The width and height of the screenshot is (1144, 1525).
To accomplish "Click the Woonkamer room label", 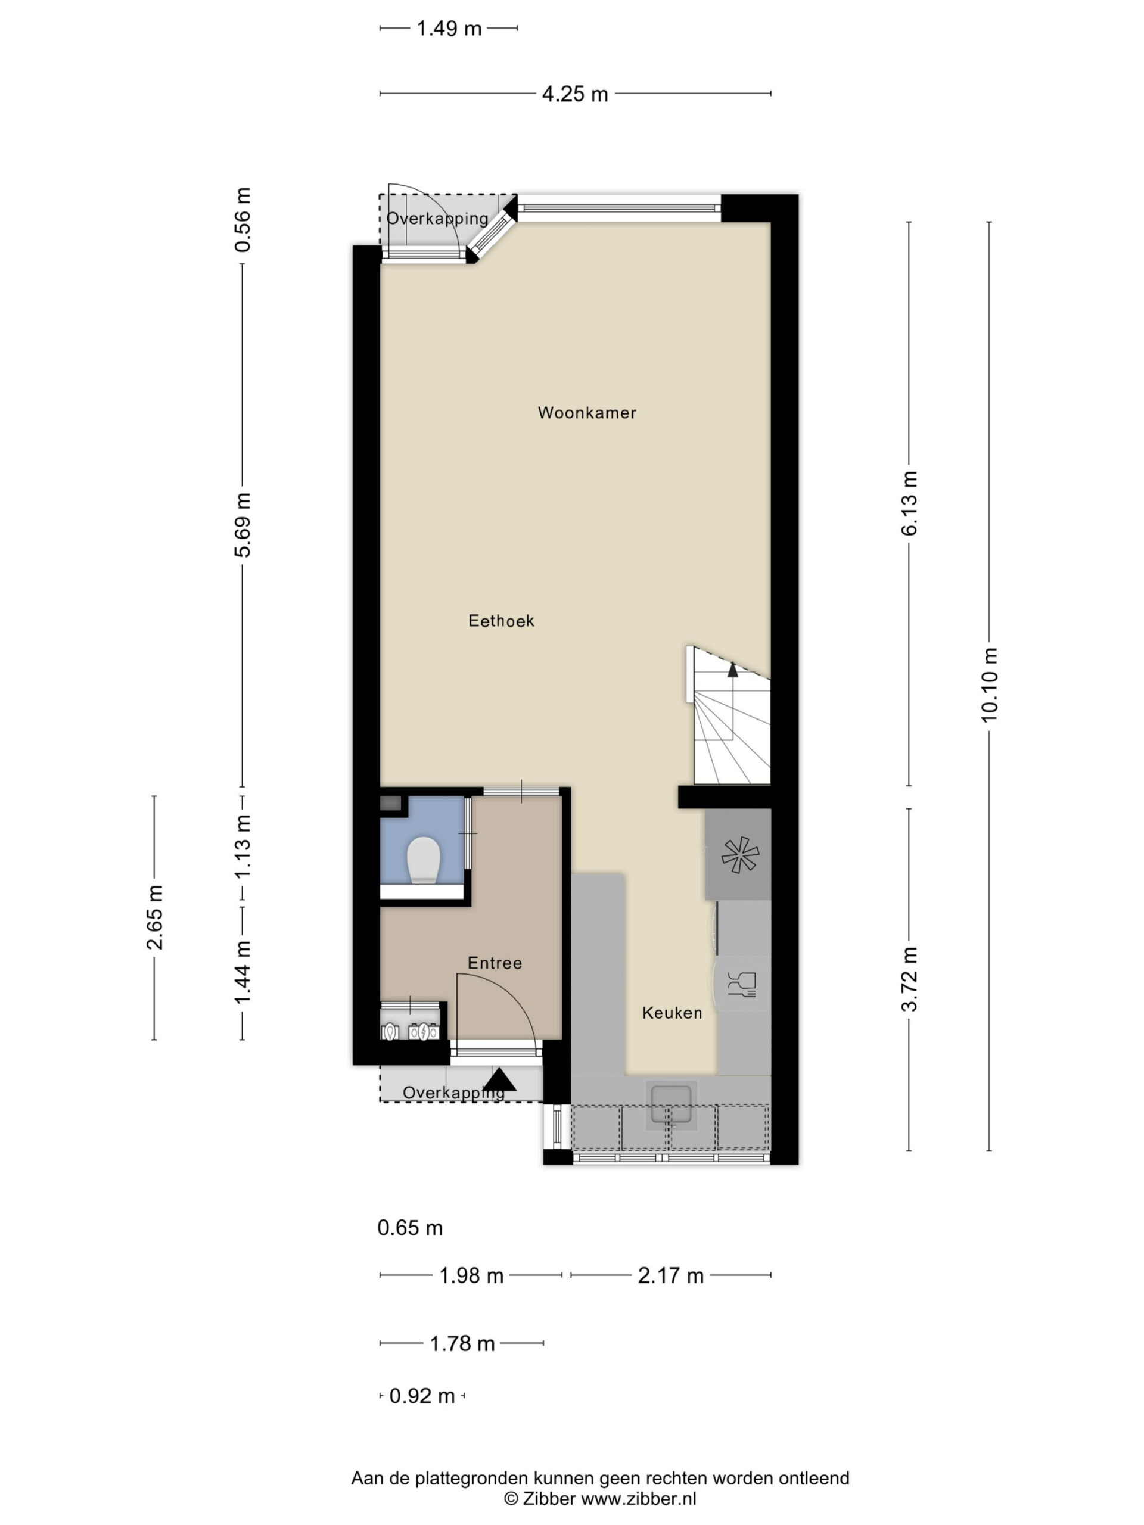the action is tap(587, 413).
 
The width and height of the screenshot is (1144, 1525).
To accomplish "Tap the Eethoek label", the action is tap(501, 621).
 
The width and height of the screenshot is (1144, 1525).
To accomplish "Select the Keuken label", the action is tap(672, 1013).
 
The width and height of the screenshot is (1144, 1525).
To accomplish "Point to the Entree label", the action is tap(495, 963).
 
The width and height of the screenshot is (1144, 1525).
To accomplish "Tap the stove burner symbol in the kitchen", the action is tap(740, 855).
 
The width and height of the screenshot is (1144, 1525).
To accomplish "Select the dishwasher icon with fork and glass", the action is tap(742, 985).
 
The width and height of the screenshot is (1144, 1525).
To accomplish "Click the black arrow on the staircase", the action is tap(732, 670).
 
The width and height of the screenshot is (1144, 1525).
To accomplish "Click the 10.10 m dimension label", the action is tap(989, 685).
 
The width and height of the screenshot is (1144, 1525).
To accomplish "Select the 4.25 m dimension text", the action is tap(575, 94).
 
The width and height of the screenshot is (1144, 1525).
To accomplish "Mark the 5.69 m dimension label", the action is tap(243, 525).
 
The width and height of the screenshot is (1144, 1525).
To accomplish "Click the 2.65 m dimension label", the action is tap(154, 917).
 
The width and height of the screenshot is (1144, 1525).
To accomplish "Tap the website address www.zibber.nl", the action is tap(639, 1498).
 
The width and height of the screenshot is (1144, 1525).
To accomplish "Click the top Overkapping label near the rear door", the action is tap(437, 219).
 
